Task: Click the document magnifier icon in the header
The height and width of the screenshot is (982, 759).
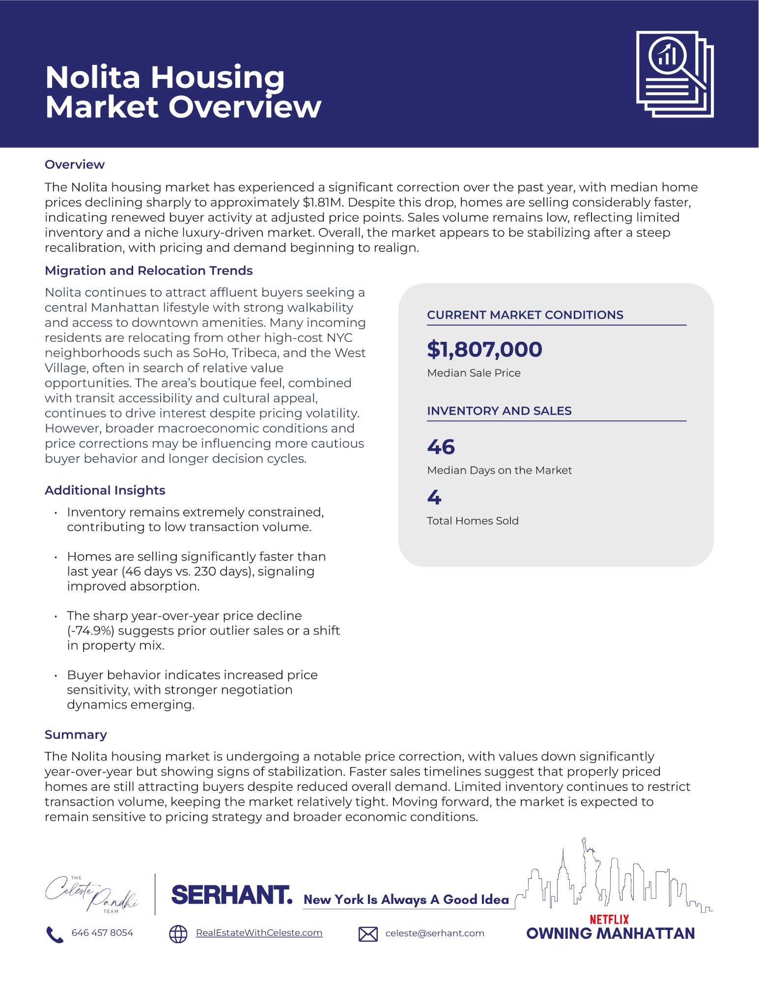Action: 675,74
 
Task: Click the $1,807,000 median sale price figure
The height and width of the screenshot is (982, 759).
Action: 484,349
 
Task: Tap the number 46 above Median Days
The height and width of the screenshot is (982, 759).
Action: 441,447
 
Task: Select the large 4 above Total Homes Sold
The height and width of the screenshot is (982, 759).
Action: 434,497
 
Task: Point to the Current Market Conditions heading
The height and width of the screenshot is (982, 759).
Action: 525,315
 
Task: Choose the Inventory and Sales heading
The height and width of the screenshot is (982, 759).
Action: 499,411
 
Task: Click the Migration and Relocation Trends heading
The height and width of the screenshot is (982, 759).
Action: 148,271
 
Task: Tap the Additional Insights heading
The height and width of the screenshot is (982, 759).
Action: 105,490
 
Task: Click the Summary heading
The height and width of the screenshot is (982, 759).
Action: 76,734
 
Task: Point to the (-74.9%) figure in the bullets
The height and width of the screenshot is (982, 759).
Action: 90,631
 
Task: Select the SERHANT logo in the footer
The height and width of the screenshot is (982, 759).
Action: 231,895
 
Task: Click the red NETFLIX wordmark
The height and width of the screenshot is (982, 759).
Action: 609,919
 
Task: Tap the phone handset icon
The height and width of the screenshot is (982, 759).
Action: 55,934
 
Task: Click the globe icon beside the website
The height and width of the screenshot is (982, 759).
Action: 178,934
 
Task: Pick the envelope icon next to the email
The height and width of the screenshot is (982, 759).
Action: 368,934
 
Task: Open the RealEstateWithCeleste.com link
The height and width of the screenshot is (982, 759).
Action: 259,933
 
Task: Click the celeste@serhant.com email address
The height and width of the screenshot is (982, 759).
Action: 435,933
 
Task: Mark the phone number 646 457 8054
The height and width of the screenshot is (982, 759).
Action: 102,933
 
